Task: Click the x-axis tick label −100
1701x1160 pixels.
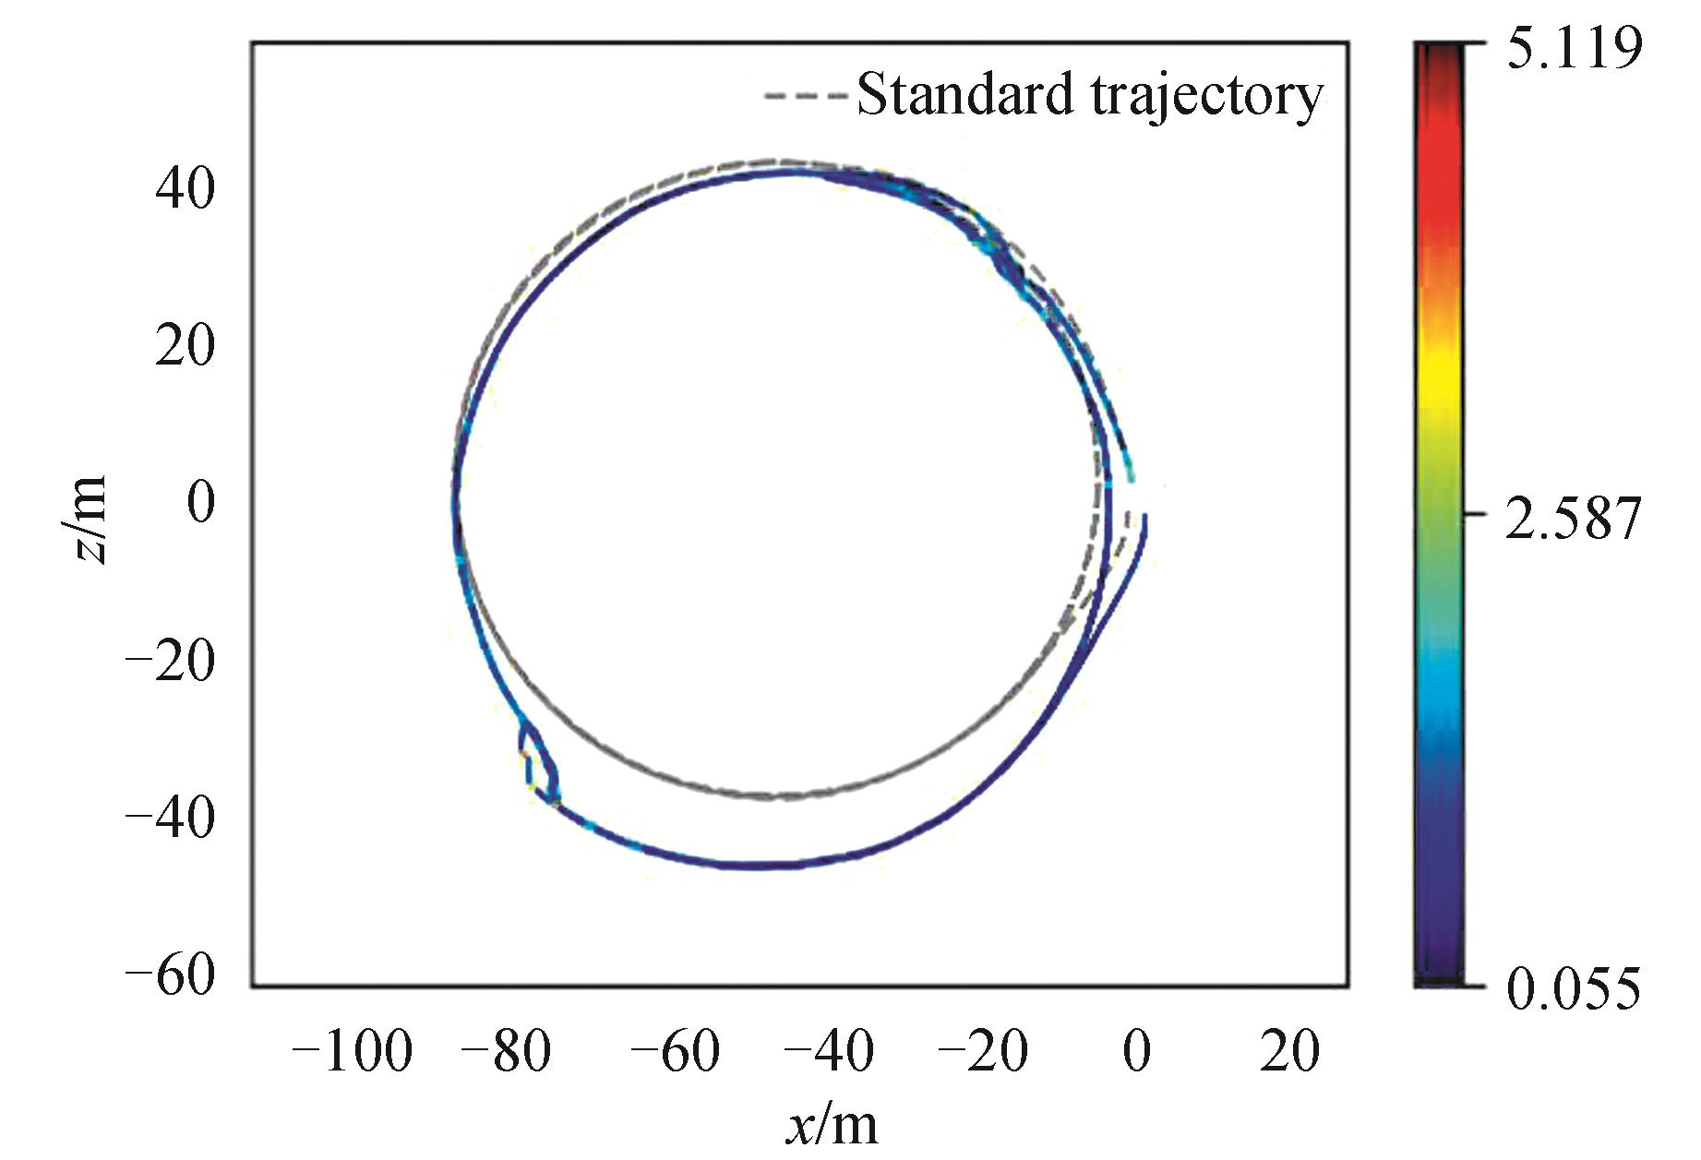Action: tap(351, 1052)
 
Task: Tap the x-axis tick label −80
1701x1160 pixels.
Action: tap(507, 1052)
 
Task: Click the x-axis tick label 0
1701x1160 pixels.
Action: tap(1137, 1052)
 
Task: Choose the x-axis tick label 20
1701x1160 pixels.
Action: tap(1290, 1052)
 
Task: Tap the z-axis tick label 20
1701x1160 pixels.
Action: tap(185, 347)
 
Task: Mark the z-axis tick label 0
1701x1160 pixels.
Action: tap(201, 504)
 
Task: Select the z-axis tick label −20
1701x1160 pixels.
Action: tap(171, 661)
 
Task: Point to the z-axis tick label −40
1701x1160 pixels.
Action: tap(171, 818)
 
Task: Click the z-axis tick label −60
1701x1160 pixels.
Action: tap(171, 975)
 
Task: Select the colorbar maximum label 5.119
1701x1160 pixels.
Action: tap(1575, 47)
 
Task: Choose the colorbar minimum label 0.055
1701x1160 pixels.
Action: tap(1575, 988)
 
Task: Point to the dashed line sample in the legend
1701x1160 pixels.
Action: tap(804, 95)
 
